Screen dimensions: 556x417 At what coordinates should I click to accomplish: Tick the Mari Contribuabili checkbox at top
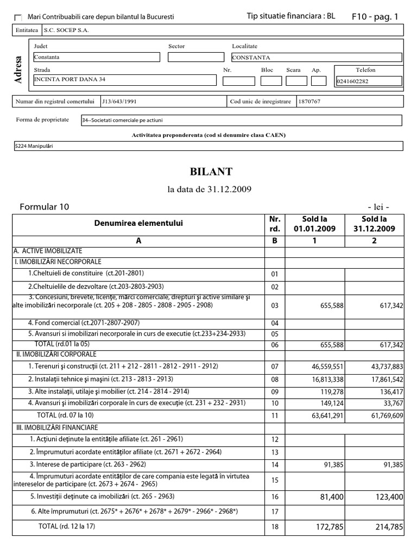(18, 17)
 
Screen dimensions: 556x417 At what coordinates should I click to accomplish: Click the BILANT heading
(211, 172)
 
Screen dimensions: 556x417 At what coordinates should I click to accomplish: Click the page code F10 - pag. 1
(375, 17)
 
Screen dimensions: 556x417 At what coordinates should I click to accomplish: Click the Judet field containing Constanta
(97, 57)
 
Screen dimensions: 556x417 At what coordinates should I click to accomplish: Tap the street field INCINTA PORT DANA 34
(124, 80)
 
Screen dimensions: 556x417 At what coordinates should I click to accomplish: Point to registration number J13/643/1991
(116, 102)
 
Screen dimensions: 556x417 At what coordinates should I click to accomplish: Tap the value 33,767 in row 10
(390, 403)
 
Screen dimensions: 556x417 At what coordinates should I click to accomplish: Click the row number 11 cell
(274, 416)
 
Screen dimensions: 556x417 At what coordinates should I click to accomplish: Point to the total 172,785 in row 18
(324, 527)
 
